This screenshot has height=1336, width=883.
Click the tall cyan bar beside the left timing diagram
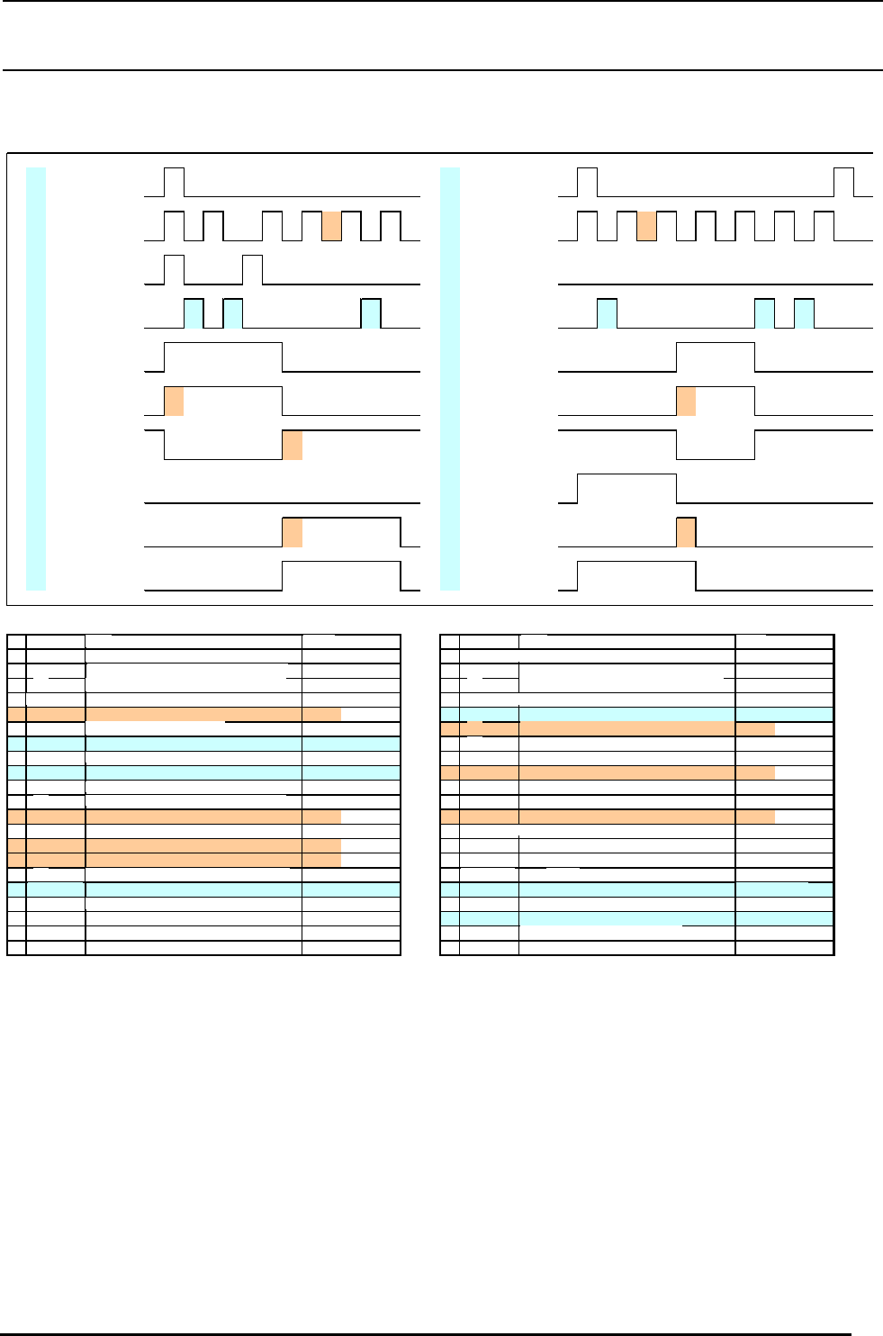coord(36,378)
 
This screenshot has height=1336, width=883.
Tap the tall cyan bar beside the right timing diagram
coord(450,378)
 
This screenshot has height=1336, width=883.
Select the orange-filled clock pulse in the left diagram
coord(331,226)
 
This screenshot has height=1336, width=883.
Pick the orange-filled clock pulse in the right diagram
coord(646,226)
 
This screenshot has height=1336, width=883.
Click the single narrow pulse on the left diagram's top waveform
coord(174,182)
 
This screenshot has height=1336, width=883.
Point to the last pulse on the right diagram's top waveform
coord(843,182)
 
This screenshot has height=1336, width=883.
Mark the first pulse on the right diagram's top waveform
coord(587,182)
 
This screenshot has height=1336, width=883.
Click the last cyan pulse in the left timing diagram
coord(371,313)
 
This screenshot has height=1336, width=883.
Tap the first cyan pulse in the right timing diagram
coord(607,313)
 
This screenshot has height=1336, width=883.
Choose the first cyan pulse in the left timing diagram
coord(194,313)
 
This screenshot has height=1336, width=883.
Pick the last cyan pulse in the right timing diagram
coord(804,313)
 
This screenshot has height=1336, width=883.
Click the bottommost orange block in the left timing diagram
coord(293,533)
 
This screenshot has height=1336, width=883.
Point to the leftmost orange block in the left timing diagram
coord(174,402)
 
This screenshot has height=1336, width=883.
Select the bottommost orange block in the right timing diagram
coord(686,533)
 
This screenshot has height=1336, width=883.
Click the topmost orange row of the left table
coord(180,715)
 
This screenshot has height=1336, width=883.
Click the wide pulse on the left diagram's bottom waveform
coord(341,576)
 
